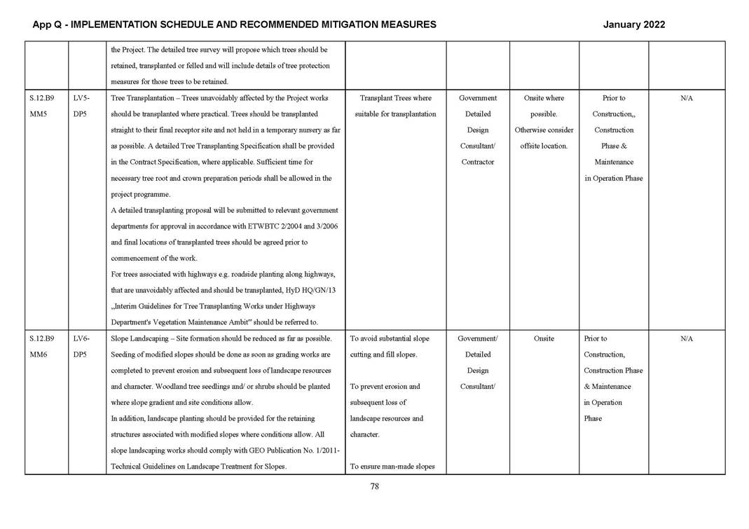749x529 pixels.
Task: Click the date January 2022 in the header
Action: click(x=633, y=25)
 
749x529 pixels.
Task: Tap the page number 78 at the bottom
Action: click(x=374, y=487)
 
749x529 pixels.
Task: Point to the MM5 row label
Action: click(x=39, y=114)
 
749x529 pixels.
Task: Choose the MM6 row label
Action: click(x=39, y=355)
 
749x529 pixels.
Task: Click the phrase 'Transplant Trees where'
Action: click(x=395, y=98)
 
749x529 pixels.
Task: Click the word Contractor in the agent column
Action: click(x=478, y=162)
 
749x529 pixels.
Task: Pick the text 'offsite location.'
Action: click(x=544, y=146)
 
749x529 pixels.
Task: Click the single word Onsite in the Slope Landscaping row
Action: click(x=544, y=338)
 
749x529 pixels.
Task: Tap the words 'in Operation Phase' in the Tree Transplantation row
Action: click(x=613, y=178)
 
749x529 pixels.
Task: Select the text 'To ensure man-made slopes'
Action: click(x=395, y=467)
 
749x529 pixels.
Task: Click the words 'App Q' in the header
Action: click(x=46, y=25)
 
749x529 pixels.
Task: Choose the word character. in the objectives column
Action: click(x=365, y=434)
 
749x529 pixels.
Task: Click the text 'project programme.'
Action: click(x=140, y=194)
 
